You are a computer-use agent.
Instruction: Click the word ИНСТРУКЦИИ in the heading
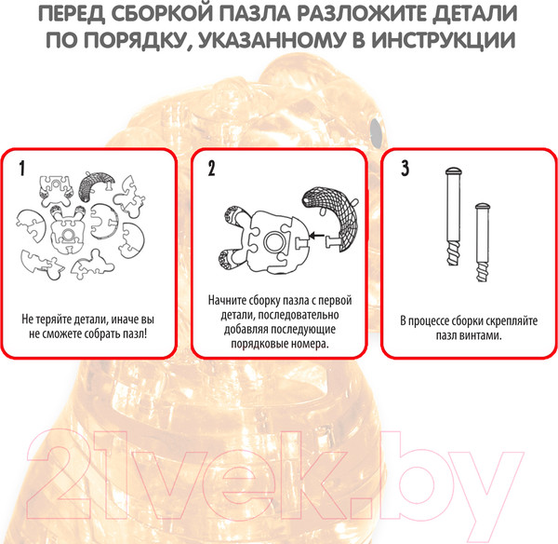click(x=444, y=40)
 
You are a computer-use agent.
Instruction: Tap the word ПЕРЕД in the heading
click(x=72, y=14)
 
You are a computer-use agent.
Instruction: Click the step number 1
click(x=22, y=169)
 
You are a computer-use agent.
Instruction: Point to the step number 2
click(x=211, y=169)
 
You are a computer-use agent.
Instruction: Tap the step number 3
click(x=405, y=169)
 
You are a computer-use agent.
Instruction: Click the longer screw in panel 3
click(x=454, y=216)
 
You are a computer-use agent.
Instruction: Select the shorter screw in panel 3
click(x=483, y=242)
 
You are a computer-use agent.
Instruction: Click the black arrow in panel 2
click(x=317, y=236)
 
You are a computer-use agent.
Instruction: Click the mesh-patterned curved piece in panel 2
click(x=330, y=218)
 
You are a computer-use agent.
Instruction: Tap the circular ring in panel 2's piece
click(x=275, y=241)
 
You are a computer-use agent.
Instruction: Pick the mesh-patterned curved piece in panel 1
click(x=96, y=185)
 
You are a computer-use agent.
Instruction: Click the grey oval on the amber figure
click(x=376, y=132)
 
